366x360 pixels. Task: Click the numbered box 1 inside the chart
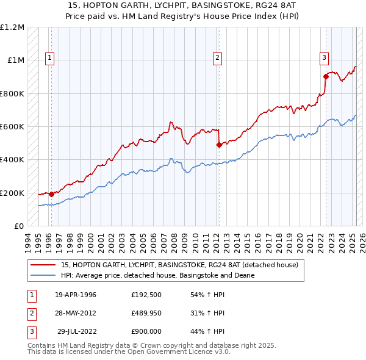[x=49, y=58]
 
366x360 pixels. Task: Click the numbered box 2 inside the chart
[x=217, y=58]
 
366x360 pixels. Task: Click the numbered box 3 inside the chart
[x=324, y=58]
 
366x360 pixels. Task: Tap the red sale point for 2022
[x=326, y=77]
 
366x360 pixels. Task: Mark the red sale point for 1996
[x=51, y=194]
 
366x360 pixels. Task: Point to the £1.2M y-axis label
[x=12, y=27]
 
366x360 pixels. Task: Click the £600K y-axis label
[x=12, y=127]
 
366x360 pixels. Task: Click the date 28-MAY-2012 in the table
[x=76, y=313]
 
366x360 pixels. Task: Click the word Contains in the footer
[x=43, y=345]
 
